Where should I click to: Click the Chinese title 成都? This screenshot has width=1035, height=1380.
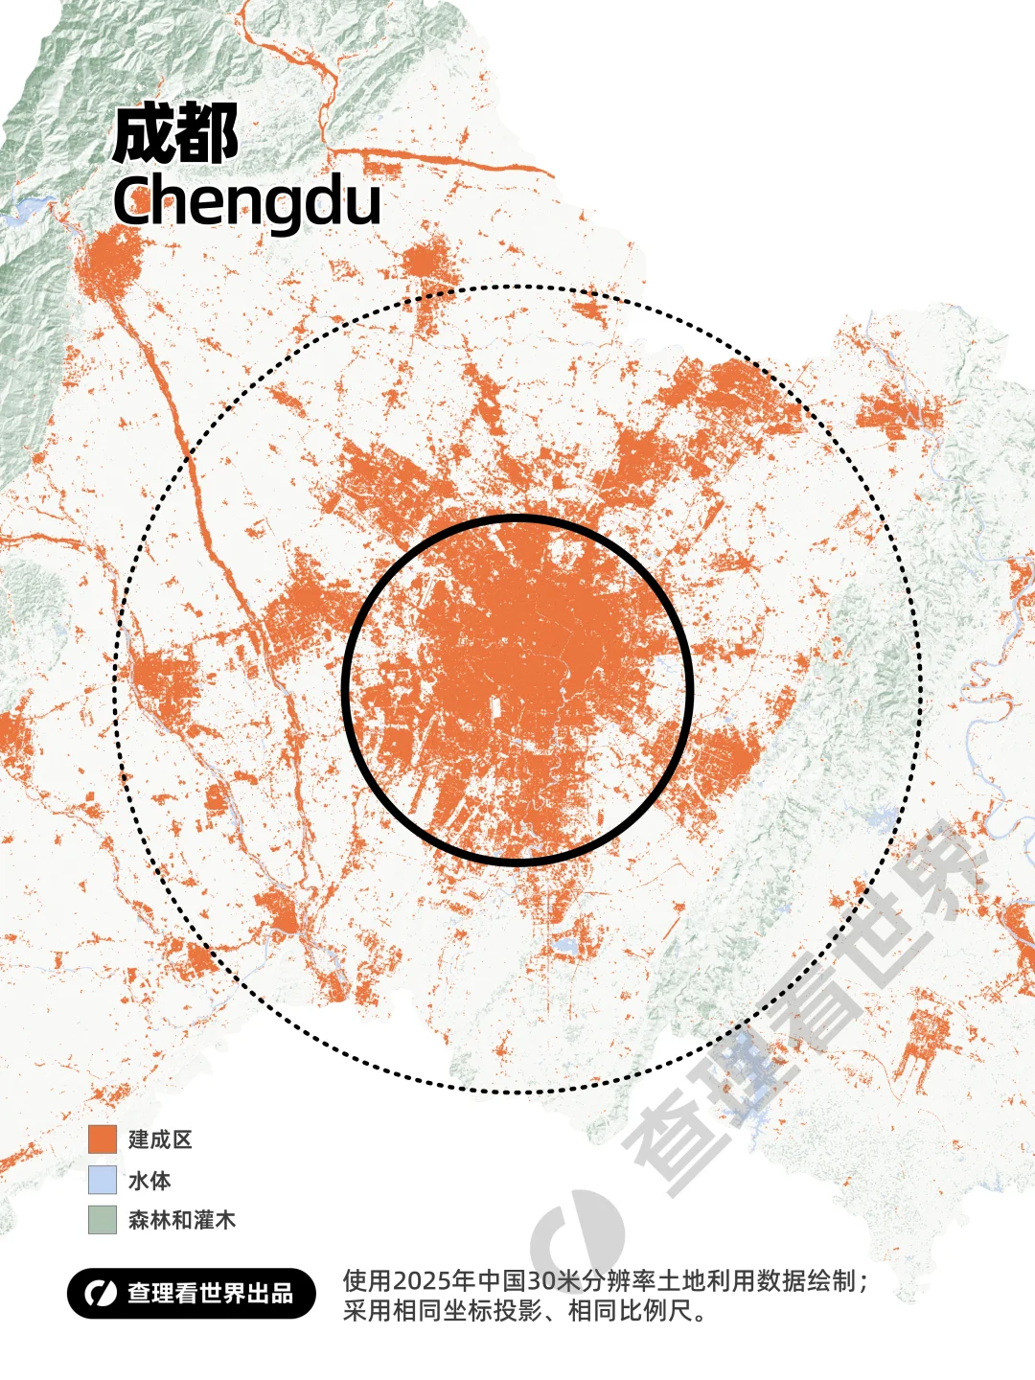[175, 135]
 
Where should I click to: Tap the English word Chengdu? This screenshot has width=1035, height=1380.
[246, 201]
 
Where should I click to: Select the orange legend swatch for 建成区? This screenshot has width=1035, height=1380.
[102, 1139]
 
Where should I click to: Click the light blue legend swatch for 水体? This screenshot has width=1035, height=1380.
[102, 1180]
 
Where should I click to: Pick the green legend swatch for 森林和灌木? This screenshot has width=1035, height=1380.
[102, 1220]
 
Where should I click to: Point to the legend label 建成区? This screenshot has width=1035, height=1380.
[160, 1139]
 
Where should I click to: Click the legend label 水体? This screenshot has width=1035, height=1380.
[149, 1180]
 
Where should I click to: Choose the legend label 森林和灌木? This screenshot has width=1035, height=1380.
[181, 1220]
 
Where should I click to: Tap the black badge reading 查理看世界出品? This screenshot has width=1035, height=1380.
[191, 1294]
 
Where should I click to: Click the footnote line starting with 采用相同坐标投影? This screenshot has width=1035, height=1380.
[525, 1311]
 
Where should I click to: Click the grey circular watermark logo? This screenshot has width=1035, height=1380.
[575, 1236]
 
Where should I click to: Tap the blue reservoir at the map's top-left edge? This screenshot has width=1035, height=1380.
[29, 209]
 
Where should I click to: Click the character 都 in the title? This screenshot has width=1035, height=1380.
[207, 135]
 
